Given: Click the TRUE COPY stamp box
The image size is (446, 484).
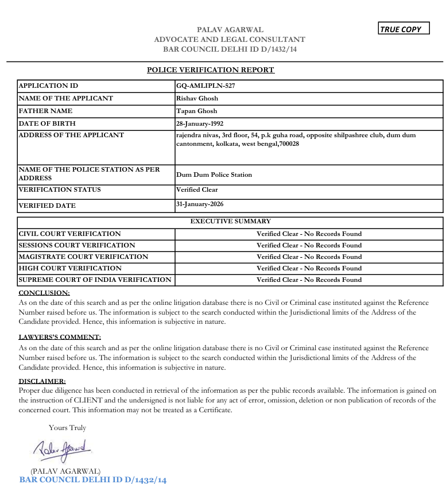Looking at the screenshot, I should point(404,29).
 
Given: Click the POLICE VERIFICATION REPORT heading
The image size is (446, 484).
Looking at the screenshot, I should point(211,70).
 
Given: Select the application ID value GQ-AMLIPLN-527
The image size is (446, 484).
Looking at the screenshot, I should point(205,86).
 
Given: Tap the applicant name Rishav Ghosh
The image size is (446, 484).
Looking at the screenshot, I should point(197,99).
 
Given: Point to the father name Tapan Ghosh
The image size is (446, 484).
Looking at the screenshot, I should point(196,111).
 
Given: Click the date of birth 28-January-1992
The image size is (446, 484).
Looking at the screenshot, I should point(200,124).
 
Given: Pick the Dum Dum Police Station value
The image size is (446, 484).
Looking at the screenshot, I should point(214,175).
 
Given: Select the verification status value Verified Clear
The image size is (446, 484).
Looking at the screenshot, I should point(197,190).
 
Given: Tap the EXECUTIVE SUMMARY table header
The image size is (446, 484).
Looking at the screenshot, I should point(230,221).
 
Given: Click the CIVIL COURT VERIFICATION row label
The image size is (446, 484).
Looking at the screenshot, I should point(69,234).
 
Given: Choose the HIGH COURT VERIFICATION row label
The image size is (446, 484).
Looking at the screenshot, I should point(70,269).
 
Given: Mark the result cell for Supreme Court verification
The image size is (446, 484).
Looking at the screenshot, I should point(309,280).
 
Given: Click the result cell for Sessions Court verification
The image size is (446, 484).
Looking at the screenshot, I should point(309,246).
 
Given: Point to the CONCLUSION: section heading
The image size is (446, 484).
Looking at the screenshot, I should point(44,293).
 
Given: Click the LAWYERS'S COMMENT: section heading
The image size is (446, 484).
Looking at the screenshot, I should point(60,337).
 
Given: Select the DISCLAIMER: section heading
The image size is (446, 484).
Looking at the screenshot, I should point(42,381).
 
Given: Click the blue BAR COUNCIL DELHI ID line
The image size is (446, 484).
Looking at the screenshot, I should point(93,479).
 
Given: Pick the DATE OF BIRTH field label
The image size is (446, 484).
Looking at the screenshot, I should point(47,124).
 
